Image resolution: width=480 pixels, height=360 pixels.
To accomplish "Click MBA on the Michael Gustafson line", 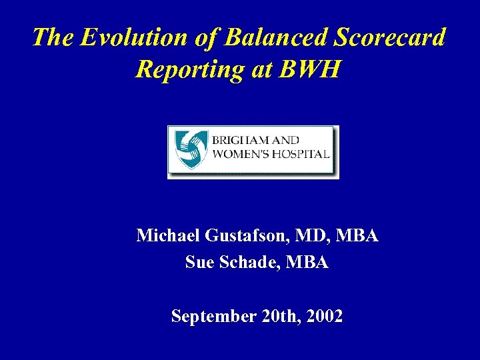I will point(357,235).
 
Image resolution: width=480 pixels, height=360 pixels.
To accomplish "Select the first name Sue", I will point(198,263).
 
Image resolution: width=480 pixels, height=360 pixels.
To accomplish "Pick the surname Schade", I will point(247,263).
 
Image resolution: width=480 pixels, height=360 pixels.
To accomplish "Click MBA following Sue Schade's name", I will point(307,263).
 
